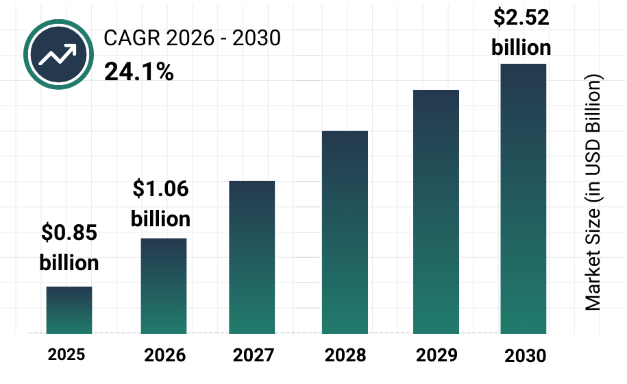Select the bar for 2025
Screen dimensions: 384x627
point(69,310)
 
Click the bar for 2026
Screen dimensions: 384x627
point(164,286)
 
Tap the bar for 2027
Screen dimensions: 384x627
point(252,257)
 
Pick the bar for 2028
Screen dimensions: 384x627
point(345,232)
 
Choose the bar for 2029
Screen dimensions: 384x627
point(436,211)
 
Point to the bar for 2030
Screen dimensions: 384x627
point(524,198)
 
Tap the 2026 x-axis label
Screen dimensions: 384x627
point(164,355)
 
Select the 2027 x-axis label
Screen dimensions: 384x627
point(254,355)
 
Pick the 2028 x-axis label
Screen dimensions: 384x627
point(345,355)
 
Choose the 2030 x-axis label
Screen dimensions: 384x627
point(525,356)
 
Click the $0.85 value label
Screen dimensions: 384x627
point(69,233)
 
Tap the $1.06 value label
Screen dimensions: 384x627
point(160,189)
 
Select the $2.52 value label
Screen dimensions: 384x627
point(521,18)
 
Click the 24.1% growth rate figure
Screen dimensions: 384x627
point(139,71)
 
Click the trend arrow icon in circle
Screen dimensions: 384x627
point(58,53)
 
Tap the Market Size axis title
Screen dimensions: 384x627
point(593,192)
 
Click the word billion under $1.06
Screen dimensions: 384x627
point(160,219)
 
